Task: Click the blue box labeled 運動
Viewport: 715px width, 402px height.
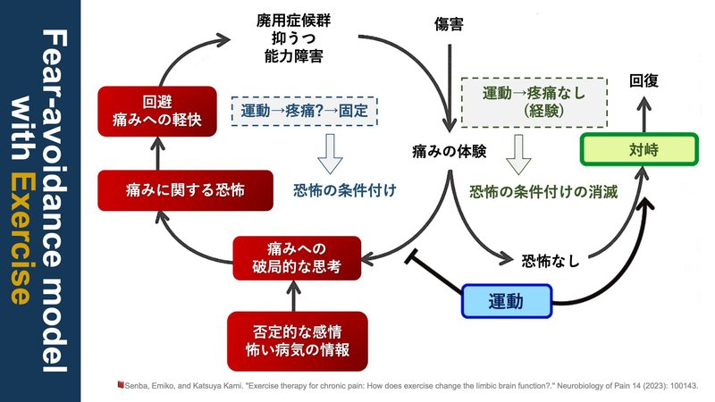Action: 507,301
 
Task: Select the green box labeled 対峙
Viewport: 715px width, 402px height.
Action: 636,150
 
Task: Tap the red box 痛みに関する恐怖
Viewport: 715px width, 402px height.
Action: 160,189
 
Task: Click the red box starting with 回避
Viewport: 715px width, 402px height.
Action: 160,111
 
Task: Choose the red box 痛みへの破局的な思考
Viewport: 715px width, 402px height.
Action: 297,256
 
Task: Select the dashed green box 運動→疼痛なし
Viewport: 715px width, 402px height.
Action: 534,101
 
